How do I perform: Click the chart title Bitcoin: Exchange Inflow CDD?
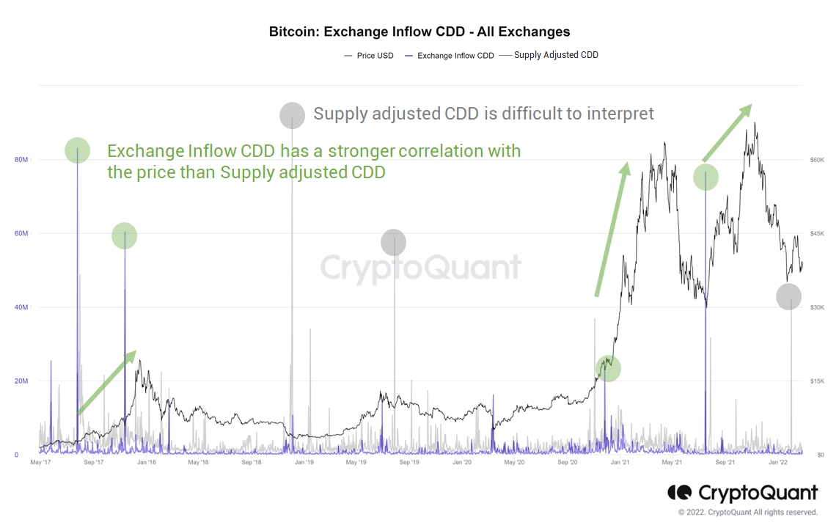point(419,32)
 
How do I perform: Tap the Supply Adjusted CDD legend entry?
point(556,55)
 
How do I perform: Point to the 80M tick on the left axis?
point(21,160)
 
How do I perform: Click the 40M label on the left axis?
point(21,307)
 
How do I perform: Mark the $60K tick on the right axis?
point(817,160)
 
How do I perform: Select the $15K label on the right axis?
point(817,381)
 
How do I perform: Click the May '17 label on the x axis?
point(40,463)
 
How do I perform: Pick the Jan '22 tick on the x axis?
point(778,463)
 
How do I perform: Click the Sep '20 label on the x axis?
point(568,463)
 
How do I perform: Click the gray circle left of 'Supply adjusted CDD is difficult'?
point(292,115)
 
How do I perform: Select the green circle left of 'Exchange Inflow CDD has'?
point(77,150)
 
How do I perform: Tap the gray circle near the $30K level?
point(788,296)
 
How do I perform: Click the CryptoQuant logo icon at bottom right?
point(680,492)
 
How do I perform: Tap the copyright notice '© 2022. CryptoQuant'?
point(747,512)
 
